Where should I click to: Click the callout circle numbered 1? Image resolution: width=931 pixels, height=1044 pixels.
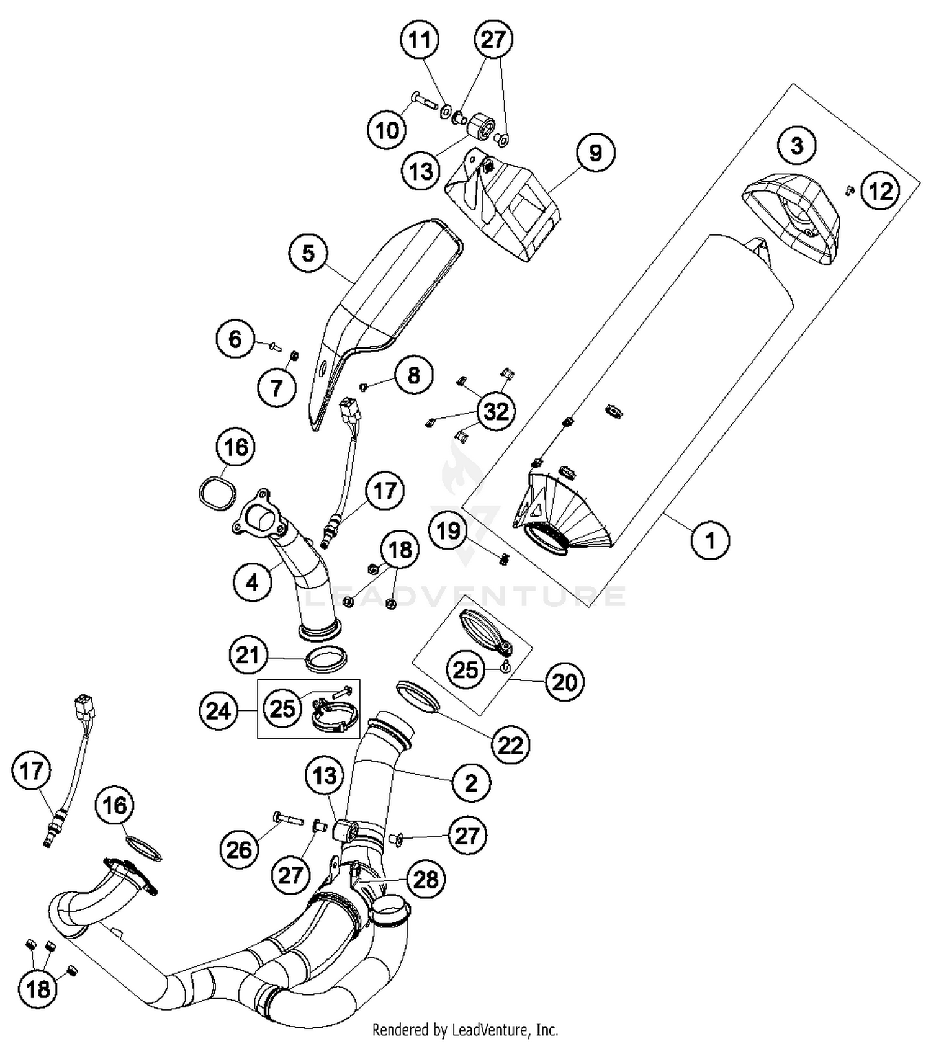710,540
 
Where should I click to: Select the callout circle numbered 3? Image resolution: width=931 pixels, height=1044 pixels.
797,146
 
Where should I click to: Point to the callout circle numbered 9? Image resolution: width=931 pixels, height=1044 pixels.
595,153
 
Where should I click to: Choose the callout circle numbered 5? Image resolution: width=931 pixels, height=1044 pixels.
308,253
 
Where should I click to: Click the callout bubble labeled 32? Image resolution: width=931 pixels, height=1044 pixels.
496,411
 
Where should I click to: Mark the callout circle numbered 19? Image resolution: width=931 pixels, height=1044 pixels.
449,531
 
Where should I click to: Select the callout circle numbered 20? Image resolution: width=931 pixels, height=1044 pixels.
564,682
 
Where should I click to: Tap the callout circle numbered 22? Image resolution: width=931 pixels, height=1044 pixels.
511,745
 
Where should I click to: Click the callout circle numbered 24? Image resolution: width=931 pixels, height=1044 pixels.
218,711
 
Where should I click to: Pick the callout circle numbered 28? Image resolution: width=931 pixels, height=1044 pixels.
426,879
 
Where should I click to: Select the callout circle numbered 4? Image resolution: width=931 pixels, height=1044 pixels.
252,582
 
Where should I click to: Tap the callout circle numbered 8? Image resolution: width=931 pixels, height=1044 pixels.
413,375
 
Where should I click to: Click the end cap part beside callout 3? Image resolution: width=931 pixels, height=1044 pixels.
791,220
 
